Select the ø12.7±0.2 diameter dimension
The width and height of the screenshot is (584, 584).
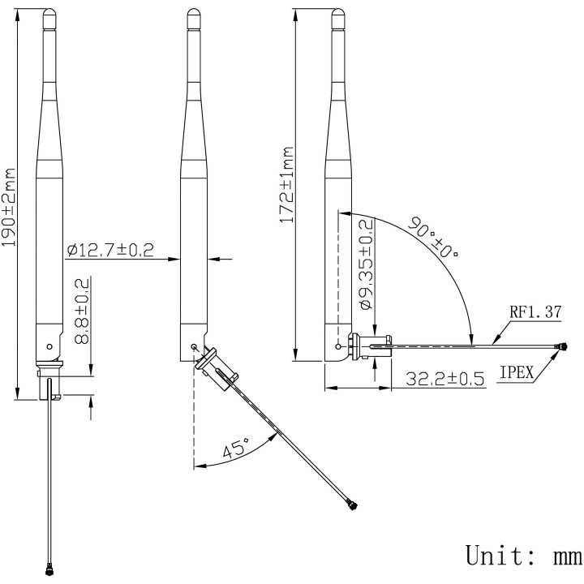(110, 250)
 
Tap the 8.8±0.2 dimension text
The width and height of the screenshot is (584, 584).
(82, 311)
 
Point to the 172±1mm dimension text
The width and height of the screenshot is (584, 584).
(286, 186)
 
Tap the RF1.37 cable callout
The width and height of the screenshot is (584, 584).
(536, 311)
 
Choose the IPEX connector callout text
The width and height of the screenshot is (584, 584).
(516, 373)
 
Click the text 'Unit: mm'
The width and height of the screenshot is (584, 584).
(522, 556)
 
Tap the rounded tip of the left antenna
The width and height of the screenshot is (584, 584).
(49, 15)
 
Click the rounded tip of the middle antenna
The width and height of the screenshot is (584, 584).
(193, 15)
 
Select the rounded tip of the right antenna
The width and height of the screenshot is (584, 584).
(337, 15)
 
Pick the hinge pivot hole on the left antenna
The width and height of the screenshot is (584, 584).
(50, 345)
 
